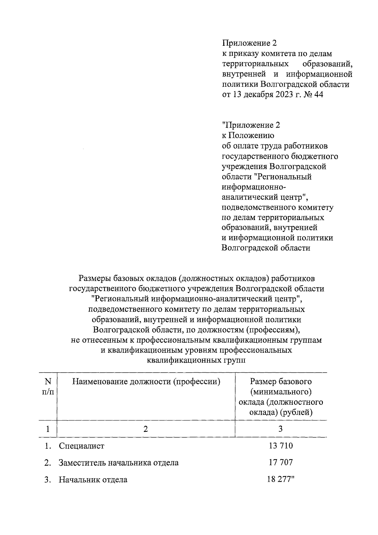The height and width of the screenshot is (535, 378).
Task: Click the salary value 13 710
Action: pyautogui.click(x=281, y=446)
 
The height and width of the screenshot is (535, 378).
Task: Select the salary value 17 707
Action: pyautogui.click(x=281, y=462)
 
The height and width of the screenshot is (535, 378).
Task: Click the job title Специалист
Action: pyautogui.click(x=81, y=446)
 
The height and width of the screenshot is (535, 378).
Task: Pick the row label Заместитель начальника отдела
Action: pyautogui.click(x=118, y=463)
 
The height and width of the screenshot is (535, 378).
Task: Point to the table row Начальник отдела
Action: pyautogui.click(x=93, y=480)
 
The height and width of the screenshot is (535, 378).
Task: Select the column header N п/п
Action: pyautogui.click(x=48, y=387)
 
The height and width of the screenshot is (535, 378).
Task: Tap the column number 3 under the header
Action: pyautogui.click(x=281, y=429)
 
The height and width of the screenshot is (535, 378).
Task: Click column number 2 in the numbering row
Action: pyautogui.click(x=146, y=429)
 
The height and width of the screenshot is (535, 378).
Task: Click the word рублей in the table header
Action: pyautogui.click(x=297, y=412)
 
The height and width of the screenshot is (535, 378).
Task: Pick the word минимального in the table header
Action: pyautogui.click(x=281, y=392)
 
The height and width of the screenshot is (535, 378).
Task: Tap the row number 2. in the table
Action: pyautogui.click(x=48, y=463)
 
